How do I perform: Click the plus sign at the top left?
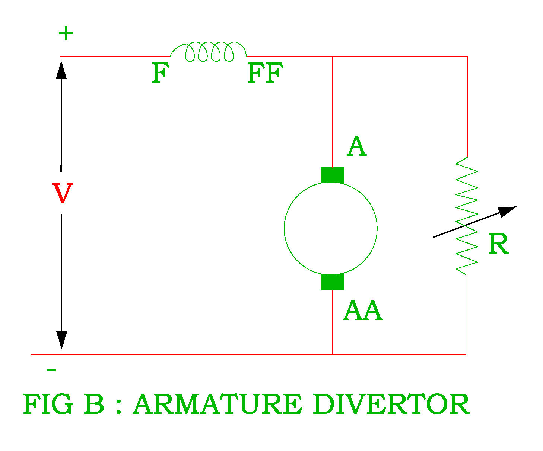(x=66, y=34)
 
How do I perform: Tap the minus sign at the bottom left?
(x=51, y=370)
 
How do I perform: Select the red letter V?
(x=62, y=193)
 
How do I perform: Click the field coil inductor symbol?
(x=209, y=51)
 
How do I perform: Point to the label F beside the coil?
(x=160, y=73)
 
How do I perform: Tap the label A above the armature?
(x=356, y=146)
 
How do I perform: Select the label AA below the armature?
(x=362, y=311)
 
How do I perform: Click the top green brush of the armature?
(x=332, y=175)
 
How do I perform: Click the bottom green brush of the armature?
(x=332, y=282)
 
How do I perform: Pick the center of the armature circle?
(x=331, y=229)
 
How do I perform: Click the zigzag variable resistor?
(x=466, y=216)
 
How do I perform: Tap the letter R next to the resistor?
(x=498, y=244)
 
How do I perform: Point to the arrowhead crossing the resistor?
(x=507, y=211)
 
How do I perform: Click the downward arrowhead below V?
(x=61, y=339)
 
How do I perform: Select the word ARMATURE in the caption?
(x=217, y=405)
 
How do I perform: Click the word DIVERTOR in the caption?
(x=391, y=405)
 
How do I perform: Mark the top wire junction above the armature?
(x=332, y=56)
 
